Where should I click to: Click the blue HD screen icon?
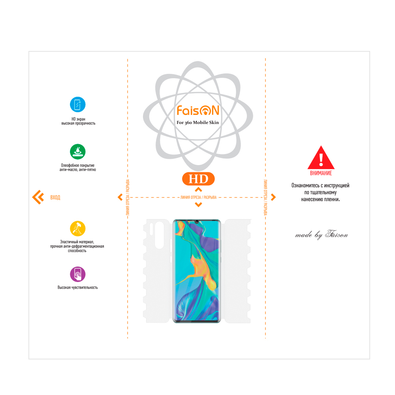click(77, 104)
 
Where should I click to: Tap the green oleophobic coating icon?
click(77, 152)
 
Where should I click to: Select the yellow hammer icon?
click(77, 228)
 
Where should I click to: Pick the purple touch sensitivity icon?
click(77, 275)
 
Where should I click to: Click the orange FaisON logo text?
click(198, 110)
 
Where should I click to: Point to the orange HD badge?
click(198, 179)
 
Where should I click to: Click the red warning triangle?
click(321, 158)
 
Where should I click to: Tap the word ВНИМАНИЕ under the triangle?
click(321, 173)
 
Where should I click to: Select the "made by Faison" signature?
click(322, 235)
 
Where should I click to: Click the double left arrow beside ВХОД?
click(38, 197)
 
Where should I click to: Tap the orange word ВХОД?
click(55, 197)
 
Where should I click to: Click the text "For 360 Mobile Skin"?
click(198, 122)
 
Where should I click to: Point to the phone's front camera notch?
click(196, 222)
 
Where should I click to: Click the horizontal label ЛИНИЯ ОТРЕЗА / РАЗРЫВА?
click(198, 197)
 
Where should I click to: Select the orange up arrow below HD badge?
click(199, 190)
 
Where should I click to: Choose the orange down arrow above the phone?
click(199, 205)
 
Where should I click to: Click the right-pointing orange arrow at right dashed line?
click(273, 197)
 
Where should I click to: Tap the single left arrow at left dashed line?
click(120, 197)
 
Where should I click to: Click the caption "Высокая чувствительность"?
click(77, 288)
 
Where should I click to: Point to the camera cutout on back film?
click(160, 235)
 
